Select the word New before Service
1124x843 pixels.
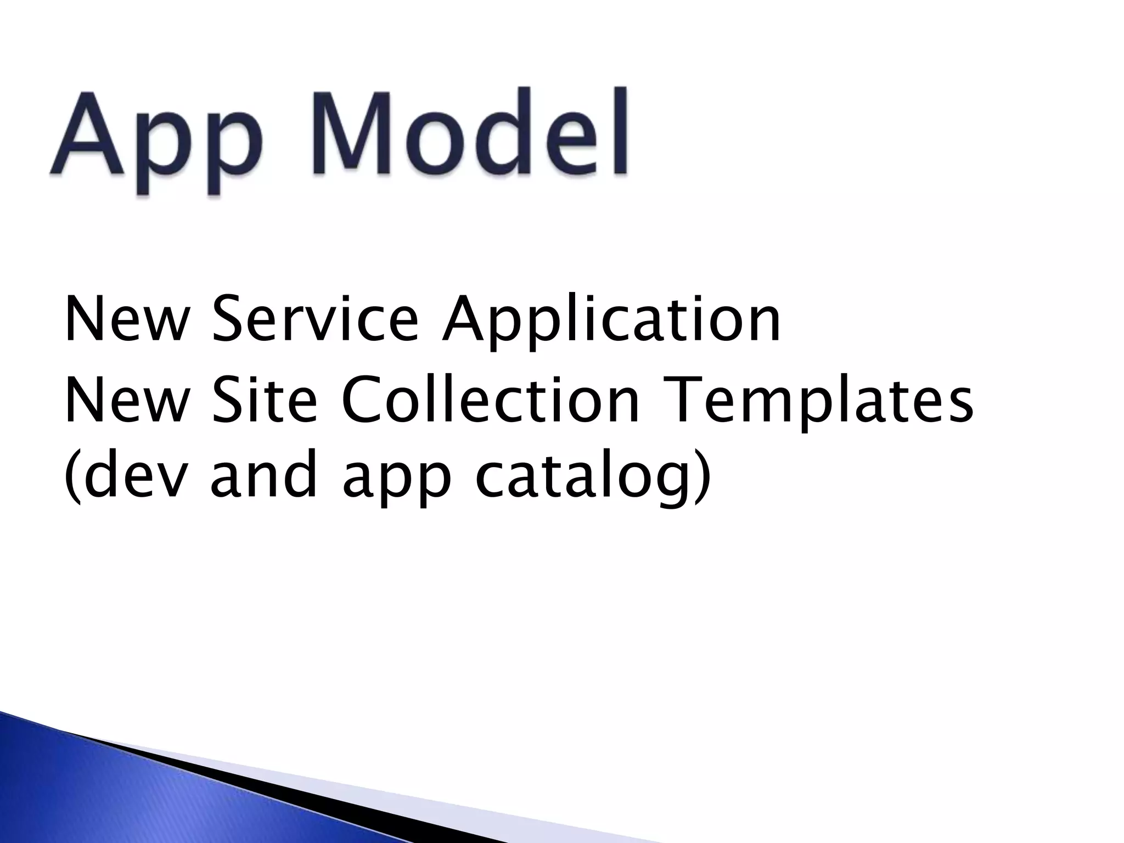[x=126, y=318]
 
